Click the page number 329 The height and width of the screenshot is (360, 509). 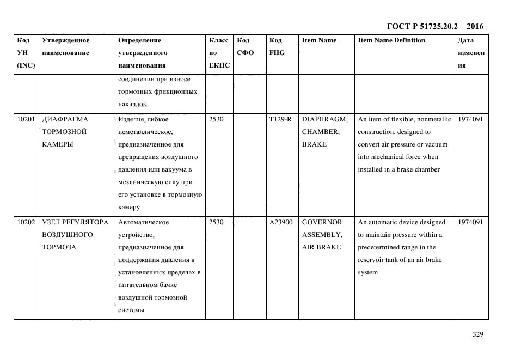tap(478, 334)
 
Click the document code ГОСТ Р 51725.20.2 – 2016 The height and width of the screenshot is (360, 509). tap(434, 26)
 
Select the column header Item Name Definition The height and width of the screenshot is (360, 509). tap(391, 40)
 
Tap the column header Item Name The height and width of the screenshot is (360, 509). tap(319, 40)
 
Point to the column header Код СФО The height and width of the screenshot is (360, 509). tap(246, 46)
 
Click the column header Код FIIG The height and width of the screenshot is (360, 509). tap(277, 46)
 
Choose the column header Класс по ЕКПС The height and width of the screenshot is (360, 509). tap(219, 53)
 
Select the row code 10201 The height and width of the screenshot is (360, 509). tap(26, 119)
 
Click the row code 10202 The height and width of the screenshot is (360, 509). tap(26, 222)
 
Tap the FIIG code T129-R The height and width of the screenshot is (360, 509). tap(280, 119)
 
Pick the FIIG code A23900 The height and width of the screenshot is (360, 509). tap(281, 222)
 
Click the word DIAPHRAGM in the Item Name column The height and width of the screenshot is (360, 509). tap(324, 119)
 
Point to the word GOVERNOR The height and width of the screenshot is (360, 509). tap(322, 222)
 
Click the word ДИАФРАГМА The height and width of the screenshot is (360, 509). tap(65, 119)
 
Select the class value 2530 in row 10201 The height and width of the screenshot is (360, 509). tap(216, 119)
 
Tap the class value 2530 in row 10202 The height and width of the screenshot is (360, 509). tap(216, 222)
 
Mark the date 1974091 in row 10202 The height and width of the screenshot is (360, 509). tap(470, 222)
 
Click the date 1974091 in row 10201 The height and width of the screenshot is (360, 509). tap(470, 119)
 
